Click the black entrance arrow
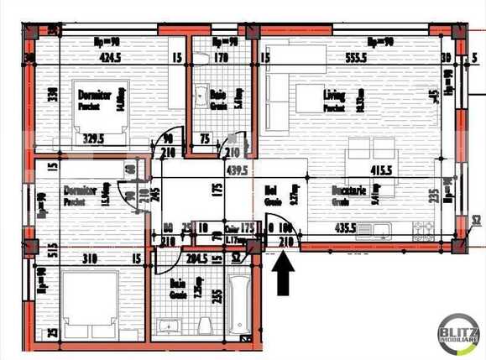(283, 274)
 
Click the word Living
(334, 97)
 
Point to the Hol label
(270, 190)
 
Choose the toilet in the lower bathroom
(203, 325)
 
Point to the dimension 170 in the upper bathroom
(221, 58)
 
